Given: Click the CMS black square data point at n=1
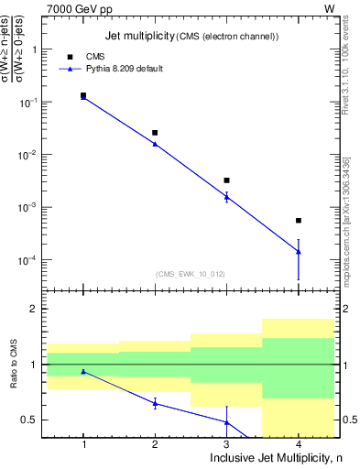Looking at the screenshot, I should click(83, 95).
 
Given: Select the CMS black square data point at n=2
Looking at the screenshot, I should click(155, 133).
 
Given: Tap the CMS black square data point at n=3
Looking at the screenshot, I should click(226, 180).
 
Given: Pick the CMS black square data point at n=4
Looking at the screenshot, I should click(299, 221).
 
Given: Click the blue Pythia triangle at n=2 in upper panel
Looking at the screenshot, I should click(155, 144).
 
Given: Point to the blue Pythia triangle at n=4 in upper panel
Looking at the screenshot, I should click(299, 251).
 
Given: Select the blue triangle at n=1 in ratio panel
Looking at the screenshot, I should click(83, 371).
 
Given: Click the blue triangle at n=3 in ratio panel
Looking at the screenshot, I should click(226, 422).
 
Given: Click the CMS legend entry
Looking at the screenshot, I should click(94, 56).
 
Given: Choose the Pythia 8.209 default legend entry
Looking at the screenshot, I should click(124, 69).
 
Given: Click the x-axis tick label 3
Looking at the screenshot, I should click(226, 444).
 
